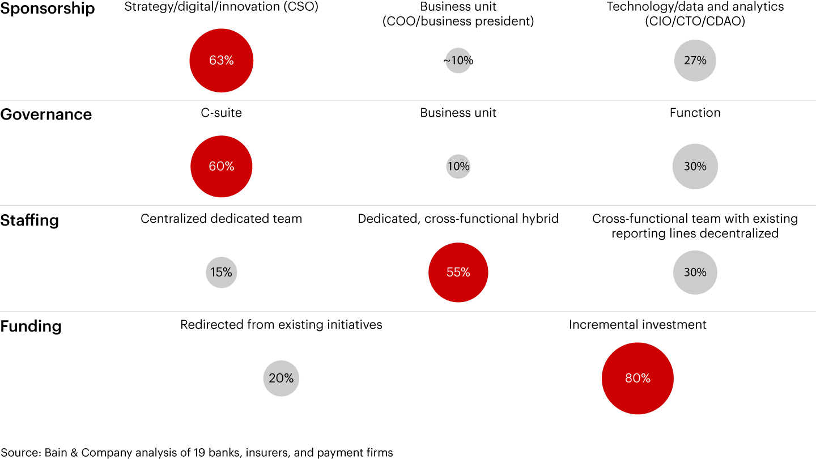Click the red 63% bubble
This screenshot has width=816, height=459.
point(221,61)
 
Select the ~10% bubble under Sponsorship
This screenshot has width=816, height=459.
point(458,61)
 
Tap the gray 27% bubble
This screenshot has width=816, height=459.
point(695,61)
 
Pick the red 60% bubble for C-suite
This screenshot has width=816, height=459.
point(221,167)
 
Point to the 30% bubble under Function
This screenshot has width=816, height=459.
point(695,167)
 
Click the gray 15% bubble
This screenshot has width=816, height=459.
point(221,273)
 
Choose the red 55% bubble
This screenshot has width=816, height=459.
point(458,273)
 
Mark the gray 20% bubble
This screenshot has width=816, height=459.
point(281,379)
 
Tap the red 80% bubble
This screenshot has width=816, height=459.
point(637,379)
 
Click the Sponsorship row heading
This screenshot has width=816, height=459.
point(48,8)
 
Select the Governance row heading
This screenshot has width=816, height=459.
point(46,114)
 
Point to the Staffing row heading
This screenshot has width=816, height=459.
point(29,220)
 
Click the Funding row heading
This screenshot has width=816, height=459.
point(31,326)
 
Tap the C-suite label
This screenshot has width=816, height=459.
point(221,113)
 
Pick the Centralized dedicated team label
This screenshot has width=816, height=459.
point(221,219)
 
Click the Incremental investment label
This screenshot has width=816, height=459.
point(637,325)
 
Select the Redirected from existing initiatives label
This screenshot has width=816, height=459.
point(281,325)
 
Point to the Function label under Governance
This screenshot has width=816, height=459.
point(695,113)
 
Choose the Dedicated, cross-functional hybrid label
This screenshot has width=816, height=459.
point(458,219)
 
